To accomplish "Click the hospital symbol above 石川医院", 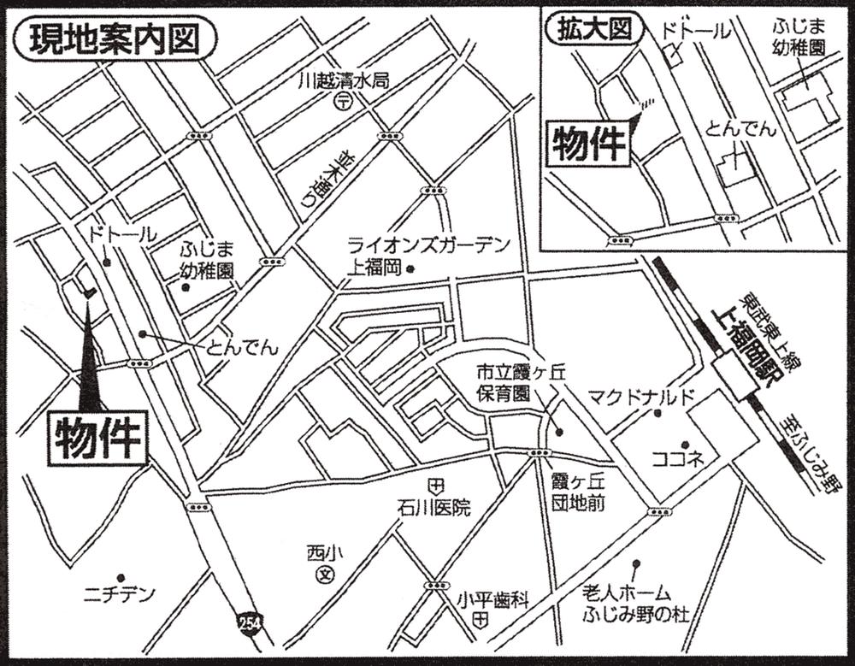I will [435, 486].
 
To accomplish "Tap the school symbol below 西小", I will [324, 575].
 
